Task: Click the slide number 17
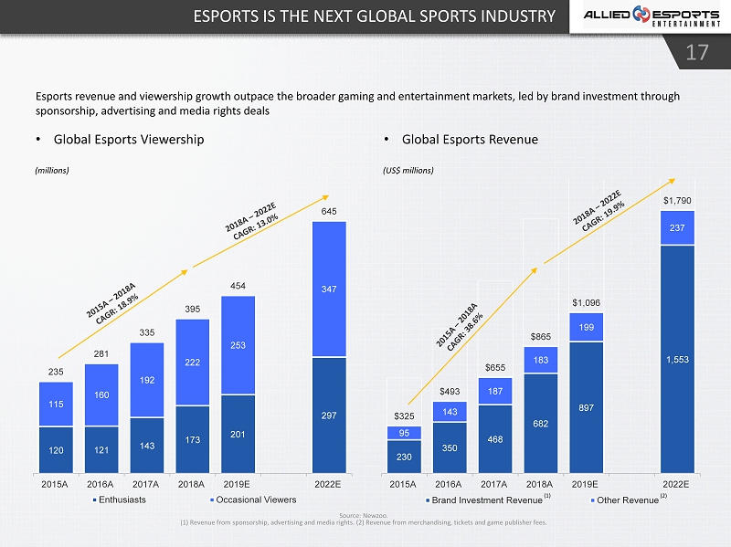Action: point(697,53)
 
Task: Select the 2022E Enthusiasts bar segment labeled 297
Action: point(329,415)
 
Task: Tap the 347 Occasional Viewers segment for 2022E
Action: point(329,289)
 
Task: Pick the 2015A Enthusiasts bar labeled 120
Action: point(56,449)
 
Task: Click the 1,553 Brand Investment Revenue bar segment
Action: point(677,359)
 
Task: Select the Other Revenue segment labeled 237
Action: point(677,228)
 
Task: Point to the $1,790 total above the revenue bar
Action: point(677,200)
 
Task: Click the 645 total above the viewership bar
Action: point(329,211)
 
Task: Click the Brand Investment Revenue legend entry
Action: point(486,500)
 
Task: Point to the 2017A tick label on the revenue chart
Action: point(493,484)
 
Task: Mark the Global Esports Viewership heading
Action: point(129,140)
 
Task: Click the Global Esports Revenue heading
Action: point(470,140)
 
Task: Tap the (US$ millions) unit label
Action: point(408,170)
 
